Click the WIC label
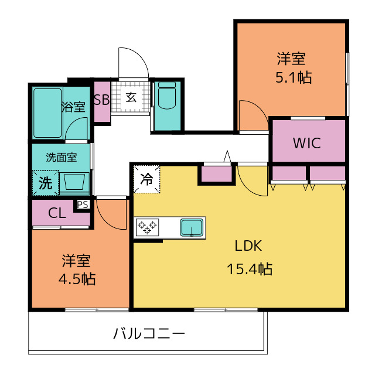click(x=307, y=143)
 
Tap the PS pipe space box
click(x=83, y=204)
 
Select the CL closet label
click(x=57, y=213)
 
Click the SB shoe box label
click(x=101, y=100)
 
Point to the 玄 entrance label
click(x=131, y=97)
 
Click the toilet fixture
click(x=167, y=96)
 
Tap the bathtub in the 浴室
click(x=47, y=113)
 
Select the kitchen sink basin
click(x=192, y=227)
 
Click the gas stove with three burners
click(x=147, y=227)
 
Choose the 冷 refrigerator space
click(x=146, y=179)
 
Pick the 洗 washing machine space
click(x=46, y=183)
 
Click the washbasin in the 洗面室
click(x=74, y=182)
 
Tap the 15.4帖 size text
click(x=250, y=269)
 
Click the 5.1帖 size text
click(x=294, y=77)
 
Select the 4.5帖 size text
click(x=77, y=279)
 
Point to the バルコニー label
click(x=149, y=333)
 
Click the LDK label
click(x=248, y=246)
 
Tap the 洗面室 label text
click(x=62, y=158)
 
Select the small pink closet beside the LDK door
click(x=217, y=174)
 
